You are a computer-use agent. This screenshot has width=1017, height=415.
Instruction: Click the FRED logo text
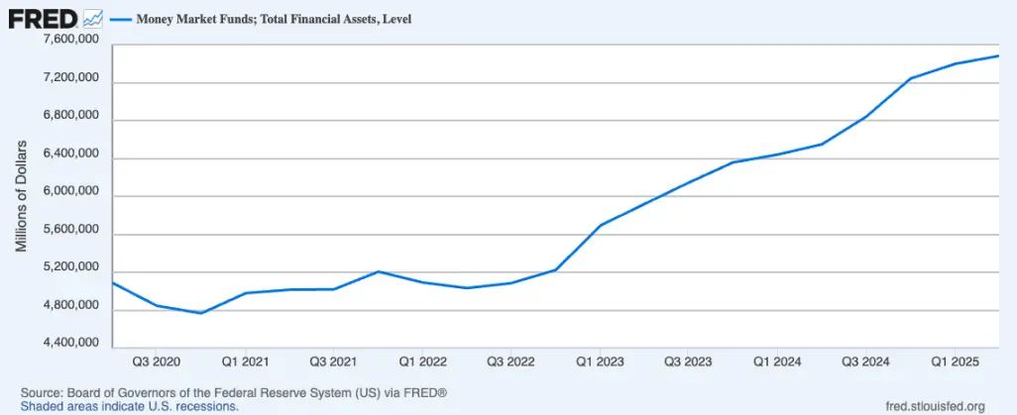(43, 19)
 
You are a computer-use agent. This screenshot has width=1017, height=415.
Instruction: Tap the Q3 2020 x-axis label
(157, 363)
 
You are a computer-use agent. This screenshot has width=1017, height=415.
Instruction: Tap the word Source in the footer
(42, 392)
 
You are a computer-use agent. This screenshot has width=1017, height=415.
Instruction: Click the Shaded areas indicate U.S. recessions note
(129, 406)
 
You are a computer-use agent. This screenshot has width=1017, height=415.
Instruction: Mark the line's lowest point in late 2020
(201, 313)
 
